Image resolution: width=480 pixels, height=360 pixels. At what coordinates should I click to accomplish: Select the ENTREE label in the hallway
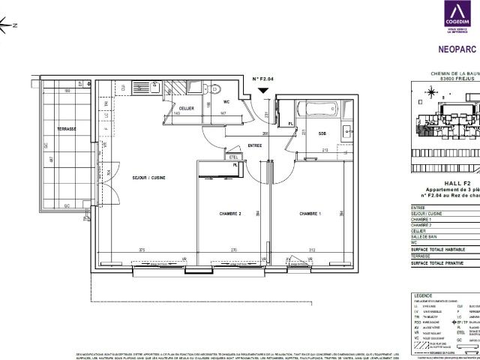(254, 145)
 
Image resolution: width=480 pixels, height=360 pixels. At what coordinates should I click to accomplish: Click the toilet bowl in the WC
(214, 85)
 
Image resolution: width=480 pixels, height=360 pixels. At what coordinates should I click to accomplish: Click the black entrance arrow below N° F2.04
(262, 91)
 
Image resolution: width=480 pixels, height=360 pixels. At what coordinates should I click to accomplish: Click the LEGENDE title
(424, 296)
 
